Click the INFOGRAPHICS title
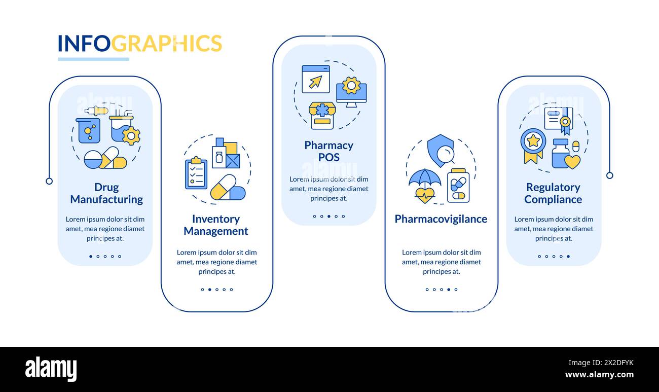coord(139,44)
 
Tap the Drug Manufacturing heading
coord(106,193)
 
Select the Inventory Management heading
coord(216,225)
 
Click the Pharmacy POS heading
coord(328,151)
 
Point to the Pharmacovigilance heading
coord(441,219)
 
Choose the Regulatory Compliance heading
coord(553,193)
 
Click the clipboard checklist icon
coord(196,173)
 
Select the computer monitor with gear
coord(351,92)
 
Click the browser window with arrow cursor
coord(315,80)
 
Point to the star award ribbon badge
coord(533,145)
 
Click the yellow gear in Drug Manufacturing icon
coord(131,136)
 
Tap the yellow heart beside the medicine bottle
coord(572,162)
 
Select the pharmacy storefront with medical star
coord(322,116)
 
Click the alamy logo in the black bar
coord(51,369)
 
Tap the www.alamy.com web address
coord(599,375)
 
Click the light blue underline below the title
coord(93,59)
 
